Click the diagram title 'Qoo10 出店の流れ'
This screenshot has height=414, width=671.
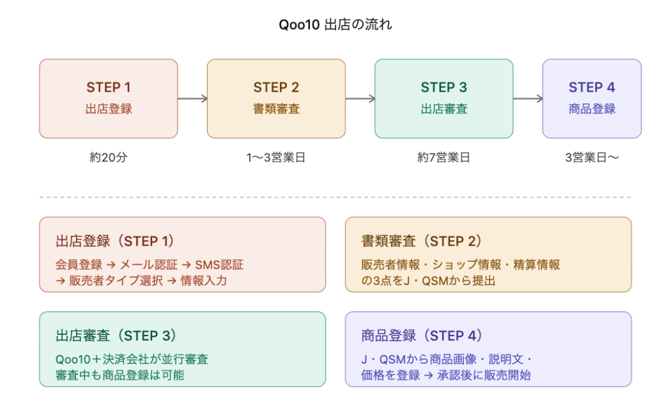point(335,26)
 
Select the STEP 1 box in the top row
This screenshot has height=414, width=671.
point(109,98)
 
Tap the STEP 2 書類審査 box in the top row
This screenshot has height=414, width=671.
point(276,98)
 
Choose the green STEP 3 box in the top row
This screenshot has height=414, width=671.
point(444,98)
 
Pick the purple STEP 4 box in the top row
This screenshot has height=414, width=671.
point(592,98)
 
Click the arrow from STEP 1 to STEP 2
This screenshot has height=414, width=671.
point(193,99)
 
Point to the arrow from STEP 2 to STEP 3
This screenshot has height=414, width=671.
point(360,99)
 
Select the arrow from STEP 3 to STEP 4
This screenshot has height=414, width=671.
point(527,99)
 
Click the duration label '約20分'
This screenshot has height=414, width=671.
point(109,158)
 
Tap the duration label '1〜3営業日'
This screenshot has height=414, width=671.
point(276,158)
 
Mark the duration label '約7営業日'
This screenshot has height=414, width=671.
point(444,158)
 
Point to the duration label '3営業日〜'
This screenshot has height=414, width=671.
point(592,158)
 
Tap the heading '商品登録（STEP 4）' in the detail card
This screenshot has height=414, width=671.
point(422,335)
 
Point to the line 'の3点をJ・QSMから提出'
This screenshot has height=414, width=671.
point(428,280)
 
